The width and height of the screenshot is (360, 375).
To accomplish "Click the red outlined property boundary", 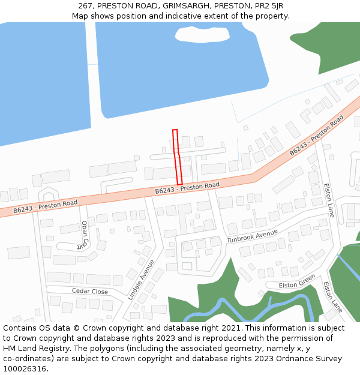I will click(177, 157).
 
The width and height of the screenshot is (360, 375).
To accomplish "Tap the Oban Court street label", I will click(83, 235).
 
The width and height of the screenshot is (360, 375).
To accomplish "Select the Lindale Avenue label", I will click(141, 280).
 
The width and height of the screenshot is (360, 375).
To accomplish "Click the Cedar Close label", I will click(90, 292).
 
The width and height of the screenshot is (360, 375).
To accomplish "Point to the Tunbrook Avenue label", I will click(252, 236).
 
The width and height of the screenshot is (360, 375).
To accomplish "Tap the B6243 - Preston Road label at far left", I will click(46, 206).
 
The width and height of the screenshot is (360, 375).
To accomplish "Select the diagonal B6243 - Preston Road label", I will click(316, 136).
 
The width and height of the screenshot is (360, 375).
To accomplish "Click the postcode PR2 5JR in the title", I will click(268, 5).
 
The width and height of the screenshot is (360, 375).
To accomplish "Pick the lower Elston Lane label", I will click(332, 297).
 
